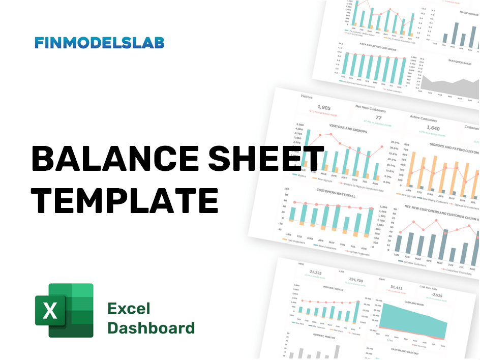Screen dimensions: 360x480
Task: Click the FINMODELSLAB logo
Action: point(100,43)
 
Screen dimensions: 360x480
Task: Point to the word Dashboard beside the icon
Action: point(151,328)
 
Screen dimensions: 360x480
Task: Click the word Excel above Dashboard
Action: point(129,308)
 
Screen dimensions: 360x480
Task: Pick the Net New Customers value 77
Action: point(378,118)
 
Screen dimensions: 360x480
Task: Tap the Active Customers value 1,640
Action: point(432,128)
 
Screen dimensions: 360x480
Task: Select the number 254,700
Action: point(356,280)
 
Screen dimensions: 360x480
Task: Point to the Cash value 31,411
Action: point(396,287)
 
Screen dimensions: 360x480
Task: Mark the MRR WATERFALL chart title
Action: point(334,289)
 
